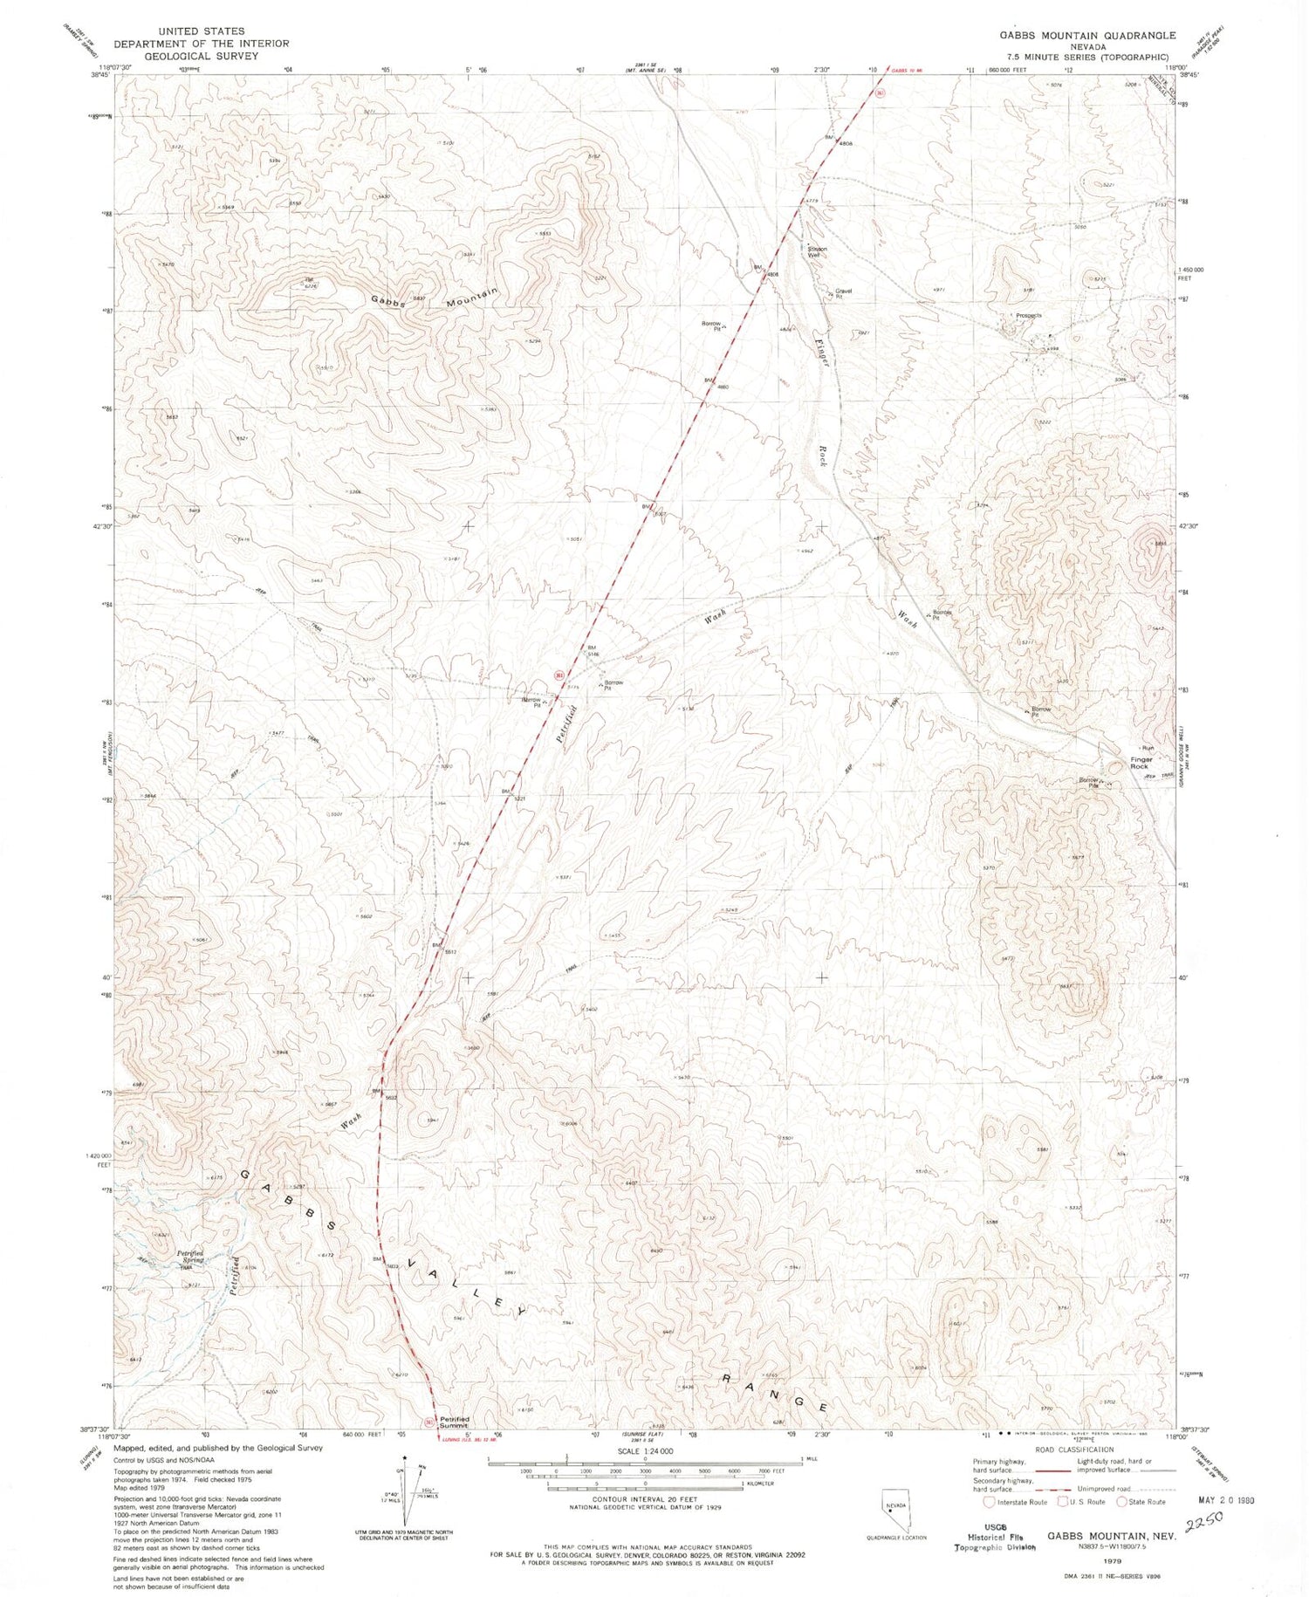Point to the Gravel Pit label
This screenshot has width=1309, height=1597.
tap(842, 293)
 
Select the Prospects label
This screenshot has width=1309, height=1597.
tap(1027, 315)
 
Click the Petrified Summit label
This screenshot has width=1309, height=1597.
tap(455, 1422)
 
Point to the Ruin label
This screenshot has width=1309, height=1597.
tap(1148, 748)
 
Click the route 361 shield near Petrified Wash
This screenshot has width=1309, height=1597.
tap(559, 675)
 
